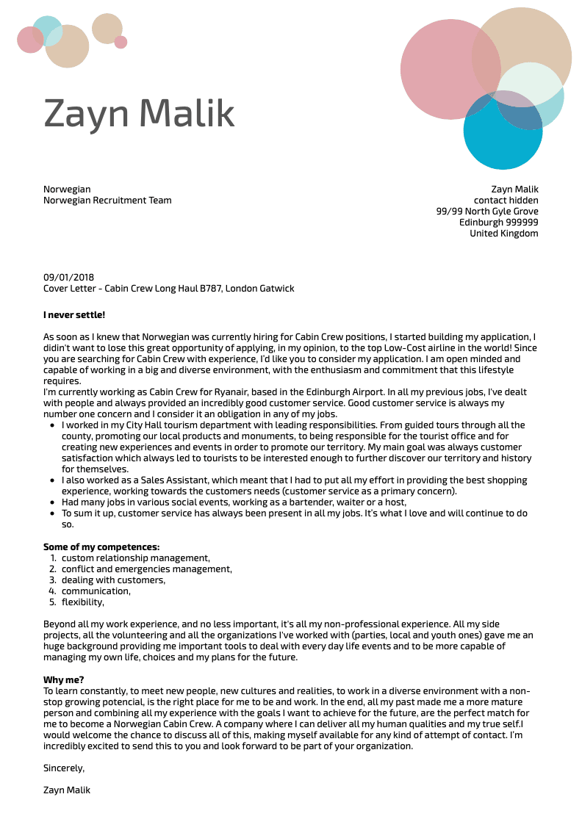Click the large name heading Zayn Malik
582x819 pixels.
point(139,113)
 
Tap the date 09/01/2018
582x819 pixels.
point(68,278)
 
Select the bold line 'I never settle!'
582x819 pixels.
point(74,315)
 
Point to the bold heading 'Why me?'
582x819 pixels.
point(64,680)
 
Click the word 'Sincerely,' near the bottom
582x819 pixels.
point(64,768)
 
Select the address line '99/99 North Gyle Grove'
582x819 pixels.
point(486,212)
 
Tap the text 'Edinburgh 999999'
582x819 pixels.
point(498,223)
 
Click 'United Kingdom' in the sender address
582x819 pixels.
point(503,234)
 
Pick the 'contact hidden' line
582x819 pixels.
point(506,201)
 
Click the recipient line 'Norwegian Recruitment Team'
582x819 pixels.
point(107,201)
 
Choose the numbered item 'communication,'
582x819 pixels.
point(96,591)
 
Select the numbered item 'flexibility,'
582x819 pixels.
point(83,602)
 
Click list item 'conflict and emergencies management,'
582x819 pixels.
point(147,569)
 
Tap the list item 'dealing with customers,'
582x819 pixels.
point(113,580)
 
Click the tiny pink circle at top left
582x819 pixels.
point(121,42)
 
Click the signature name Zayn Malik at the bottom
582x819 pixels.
point(67,790)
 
